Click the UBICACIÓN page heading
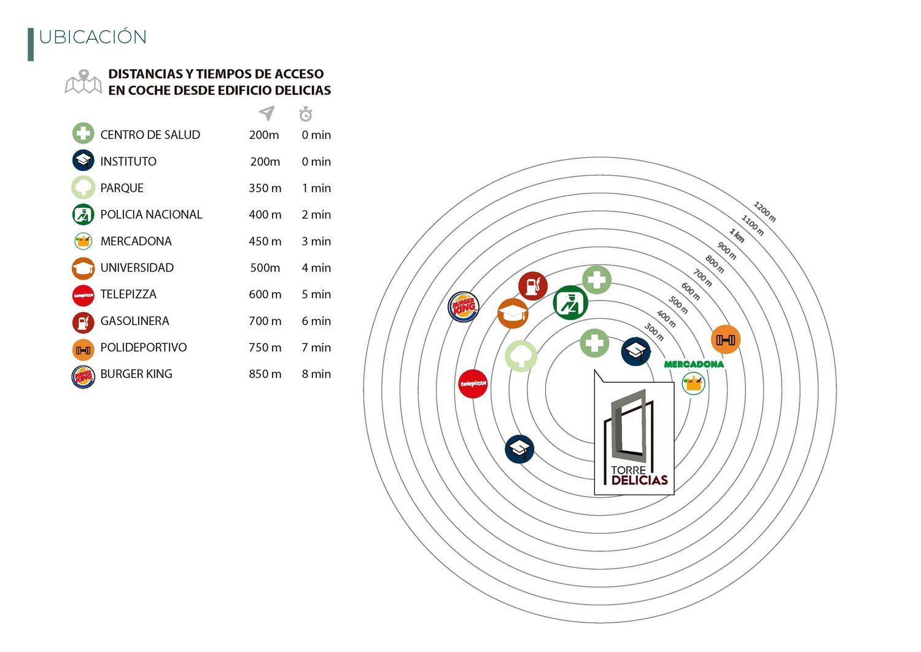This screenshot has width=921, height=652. tap(93, 37)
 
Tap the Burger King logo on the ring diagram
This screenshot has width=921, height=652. tap(464, 306)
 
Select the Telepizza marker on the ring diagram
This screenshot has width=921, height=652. tap(473, 384)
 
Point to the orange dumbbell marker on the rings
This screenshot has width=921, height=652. tap(726, 339)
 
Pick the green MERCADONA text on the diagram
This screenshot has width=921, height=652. tap(694, 364)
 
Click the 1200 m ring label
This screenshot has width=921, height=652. tap(764, 212)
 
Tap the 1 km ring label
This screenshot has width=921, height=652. tap(737, 235)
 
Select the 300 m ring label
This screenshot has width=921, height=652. tap(654, 332)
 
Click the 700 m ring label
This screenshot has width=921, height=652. tap(702, 278)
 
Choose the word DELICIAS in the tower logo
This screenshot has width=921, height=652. tap(639, 481)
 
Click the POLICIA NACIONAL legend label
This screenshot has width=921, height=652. tap(151, 214)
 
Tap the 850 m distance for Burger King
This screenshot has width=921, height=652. tap(265, 374)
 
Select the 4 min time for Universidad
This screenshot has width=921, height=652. tap(316, 268)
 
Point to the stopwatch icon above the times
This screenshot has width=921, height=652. tap(306, 114)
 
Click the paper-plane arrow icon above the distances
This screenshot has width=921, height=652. tap(266, 113)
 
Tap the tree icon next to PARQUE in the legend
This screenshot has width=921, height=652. tap(83, 188)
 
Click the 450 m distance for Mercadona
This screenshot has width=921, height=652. tap(265, 242)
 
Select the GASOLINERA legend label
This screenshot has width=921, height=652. tap(134, 321)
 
